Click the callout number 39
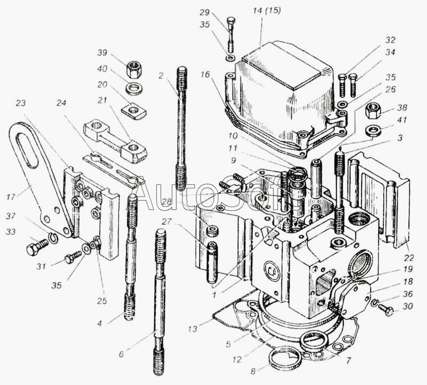[102, 52]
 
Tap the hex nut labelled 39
[134, 69]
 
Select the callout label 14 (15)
[266, 11]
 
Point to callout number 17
[11, 197]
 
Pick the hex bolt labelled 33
[37, 246]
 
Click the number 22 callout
[409, 257]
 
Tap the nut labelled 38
[373, 111]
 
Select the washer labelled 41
[373, 130]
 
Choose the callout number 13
[192, 329]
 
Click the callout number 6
[121, 354]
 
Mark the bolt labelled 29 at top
[231, 34]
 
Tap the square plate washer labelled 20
[134, 111]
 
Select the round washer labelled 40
[134, 89]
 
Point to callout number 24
[61, 103]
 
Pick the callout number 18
[408, 281]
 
